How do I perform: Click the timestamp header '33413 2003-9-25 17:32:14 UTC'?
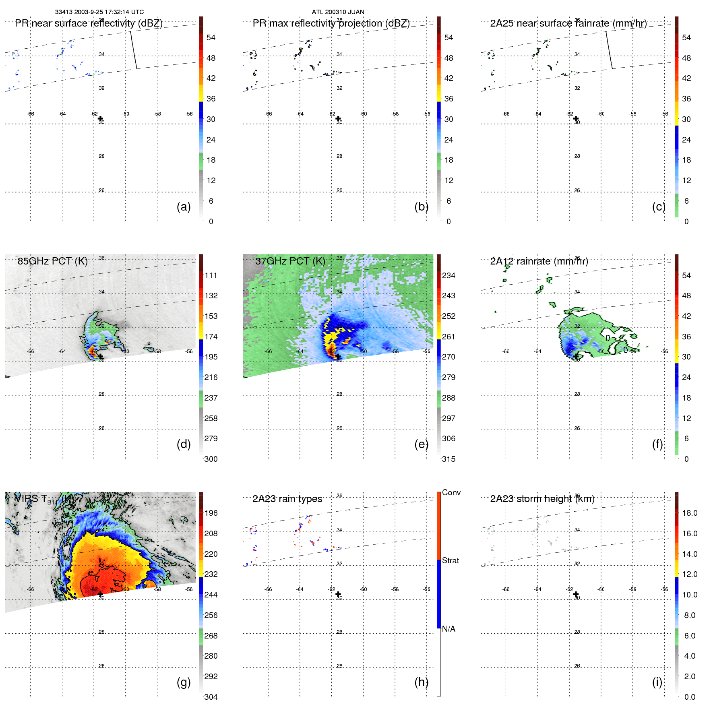pyautogui.click(x=99, y=12)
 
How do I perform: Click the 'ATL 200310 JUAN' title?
pyautogui.click(x=338, y=12)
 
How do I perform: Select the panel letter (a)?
pyautogui.click(x=184, y=207)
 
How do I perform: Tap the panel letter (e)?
pyautogui.click(x=421, y=444)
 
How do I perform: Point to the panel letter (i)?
pyautogui.click(x=657, y=682)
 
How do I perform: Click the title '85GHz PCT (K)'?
pyautogui.click(x=52, y=261)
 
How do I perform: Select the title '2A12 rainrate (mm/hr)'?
pyautogui.click(x=539, y=261)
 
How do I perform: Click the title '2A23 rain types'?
pyautogui.click(x=287, y=499)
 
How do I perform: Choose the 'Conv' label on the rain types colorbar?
pyautogui.click(x=451, y=492)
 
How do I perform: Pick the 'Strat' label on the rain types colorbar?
pyautogui.click(x=450, y=560)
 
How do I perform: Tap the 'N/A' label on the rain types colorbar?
pyautogui.click(x=448, y=629)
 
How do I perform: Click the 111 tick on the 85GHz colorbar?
pyautogui.click(x=211, y=275)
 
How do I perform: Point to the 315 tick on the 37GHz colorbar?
pyautogui.click(x=448, y=459)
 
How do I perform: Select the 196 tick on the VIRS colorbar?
pyautogui.click(x=211, y=513)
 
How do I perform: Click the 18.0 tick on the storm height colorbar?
pyautogui.click(x=689, y=513)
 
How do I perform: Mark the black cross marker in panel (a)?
pyautogui.click(x=101, y=118)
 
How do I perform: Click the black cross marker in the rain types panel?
pyautogui.click(x=338, y=594)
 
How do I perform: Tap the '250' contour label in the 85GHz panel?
pyautogui.click(x=84, y=341)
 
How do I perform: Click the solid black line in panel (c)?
pyautogui.click(x=609, y=50)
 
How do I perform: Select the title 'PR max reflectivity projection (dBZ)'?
pyautogui.click(x=331, y=23)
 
